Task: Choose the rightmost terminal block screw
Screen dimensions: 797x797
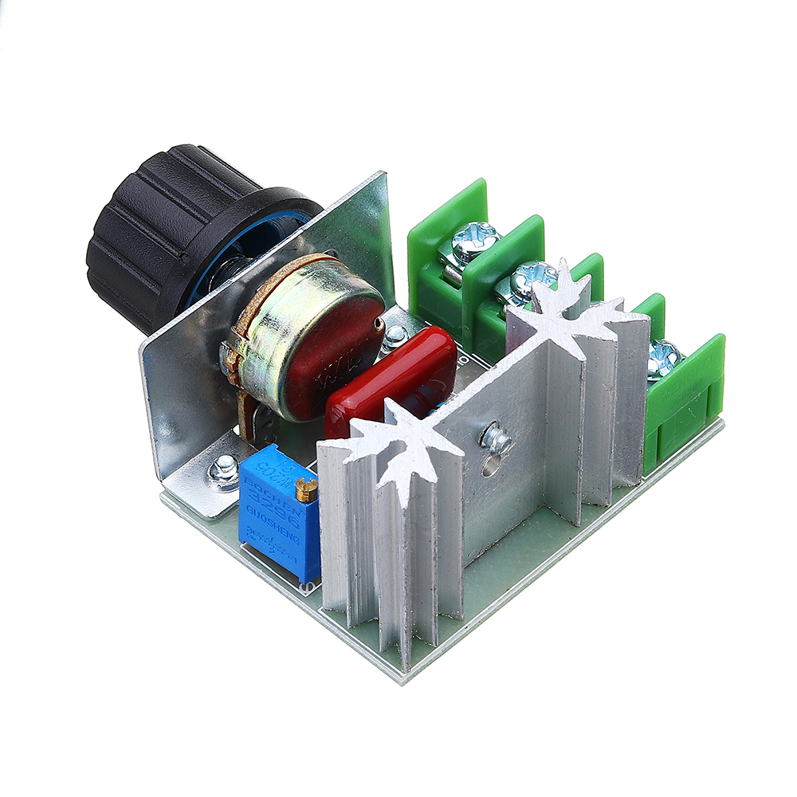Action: point(663,355)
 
